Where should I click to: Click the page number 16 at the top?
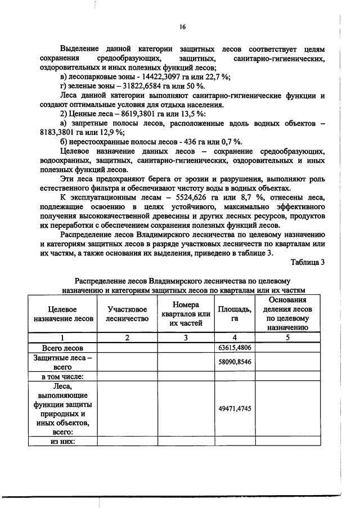tap(182, 26)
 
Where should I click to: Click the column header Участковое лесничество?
tap(127, 314)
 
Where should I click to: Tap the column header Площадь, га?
tap(235, 314)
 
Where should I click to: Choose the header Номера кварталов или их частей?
tap(185, 314)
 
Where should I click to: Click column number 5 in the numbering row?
tap(287, 338)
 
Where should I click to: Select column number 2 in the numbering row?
tap(127, 338)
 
